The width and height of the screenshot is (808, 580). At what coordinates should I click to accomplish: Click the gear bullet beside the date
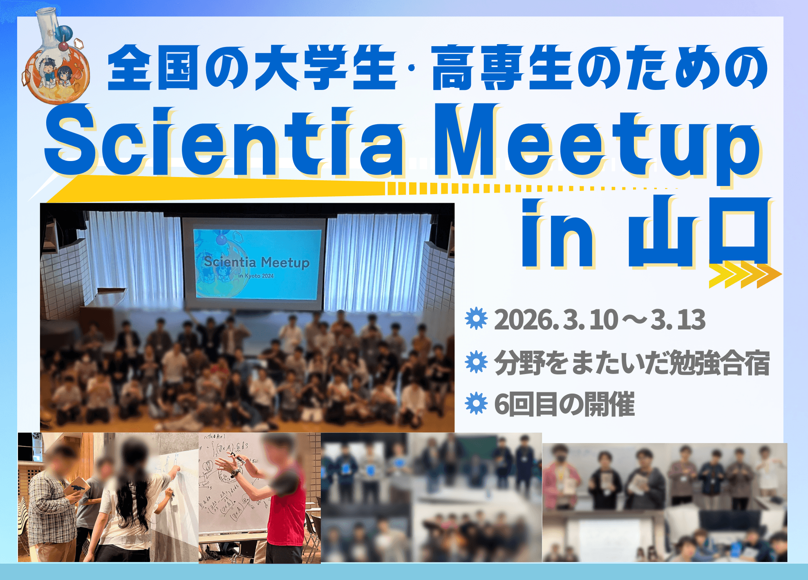pyautogui.click(x=476, y=319)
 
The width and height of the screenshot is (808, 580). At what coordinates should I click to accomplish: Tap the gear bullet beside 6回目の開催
pyautogui.click(x=476, y=403)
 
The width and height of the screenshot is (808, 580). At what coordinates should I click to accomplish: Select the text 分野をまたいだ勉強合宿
pyautogui.click(x=631, y=363)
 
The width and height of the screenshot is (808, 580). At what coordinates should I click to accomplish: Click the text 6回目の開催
pyautogui.click(x=564, y=404)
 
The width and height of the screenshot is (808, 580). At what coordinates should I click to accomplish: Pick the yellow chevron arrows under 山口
pyautogui.click(x=744, y=276)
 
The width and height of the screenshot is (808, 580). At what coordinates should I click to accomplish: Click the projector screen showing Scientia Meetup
pyautogui.click(x=257, y=264)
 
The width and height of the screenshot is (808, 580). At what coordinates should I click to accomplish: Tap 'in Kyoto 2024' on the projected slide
pyautogui.click(x=256, y=276)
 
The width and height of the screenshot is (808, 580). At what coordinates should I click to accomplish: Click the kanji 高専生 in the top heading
pyautogui.click(x=503, y=67)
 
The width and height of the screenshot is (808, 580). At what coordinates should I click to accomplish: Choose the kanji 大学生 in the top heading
pyautogui.click(x=325, y=67)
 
